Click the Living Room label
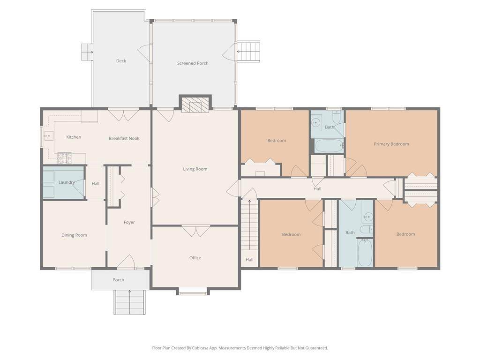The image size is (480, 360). [195, 169]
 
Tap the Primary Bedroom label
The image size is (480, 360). [391, 144]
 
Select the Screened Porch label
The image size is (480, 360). [193, 63]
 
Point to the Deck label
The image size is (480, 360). [121, 60]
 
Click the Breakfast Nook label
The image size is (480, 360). [124, 138]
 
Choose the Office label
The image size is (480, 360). [195, 258]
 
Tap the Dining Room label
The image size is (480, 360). [74, 235]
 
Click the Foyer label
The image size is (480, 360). [129, 222]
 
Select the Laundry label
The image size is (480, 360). [67, 182]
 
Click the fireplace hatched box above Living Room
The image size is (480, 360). [195, 105]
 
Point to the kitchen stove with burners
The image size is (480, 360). [65, 157]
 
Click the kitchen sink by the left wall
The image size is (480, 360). [49, 135]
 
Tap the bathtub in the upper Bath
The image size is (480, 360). [329, 146]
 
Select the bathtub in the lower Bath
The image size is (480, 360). [365, 253]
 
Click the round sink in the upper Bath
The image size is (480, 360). [315, 123]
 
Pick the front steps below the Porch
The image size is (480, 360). [129, 302]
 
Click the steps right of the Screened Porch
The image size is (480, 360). [248, 52]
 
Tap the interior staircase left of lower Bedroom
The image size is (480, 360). [249, 225]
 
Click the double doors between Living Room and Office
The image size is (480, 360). [195, 231]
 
